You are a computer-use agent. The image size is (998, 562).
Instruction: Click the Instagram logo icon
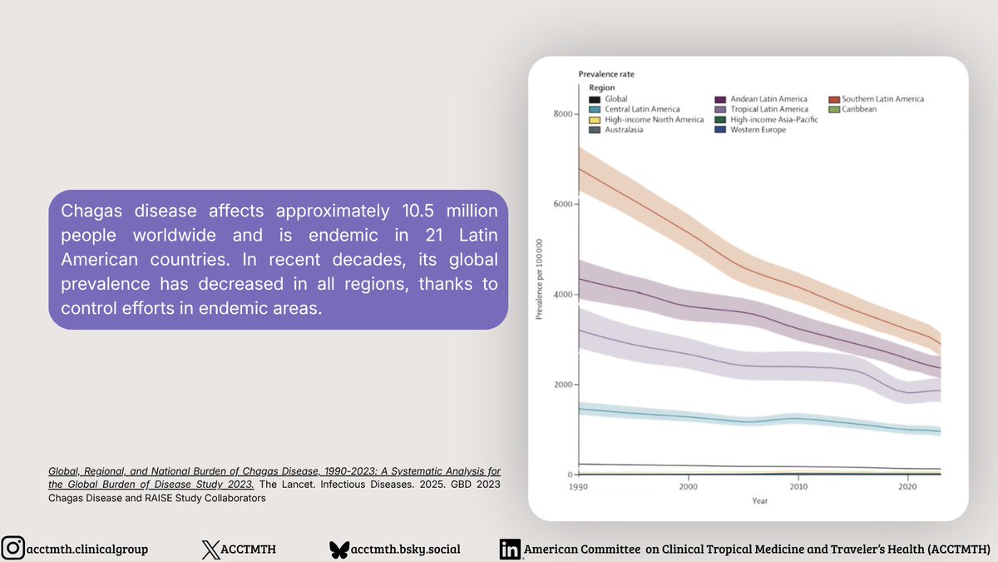(x=13, y=549)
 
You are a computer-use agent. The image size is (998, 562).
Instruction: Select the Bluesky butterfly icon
(x=338, y=549)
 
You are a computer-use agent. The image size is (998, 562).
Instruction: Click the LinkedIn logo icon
(x=509, y=549)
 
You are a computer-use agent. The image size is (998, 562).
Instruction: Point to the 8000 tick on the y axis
(x=562, y=113)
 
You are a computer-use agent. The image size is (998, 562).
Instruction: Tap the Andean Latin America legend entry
(x=768, y=99)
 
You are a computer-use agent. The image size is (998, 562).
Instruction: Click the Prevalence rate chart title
(x=606, y=75)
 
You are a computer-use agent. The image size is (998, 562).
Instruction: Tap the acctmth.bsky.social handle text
(x=406, y=549)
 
